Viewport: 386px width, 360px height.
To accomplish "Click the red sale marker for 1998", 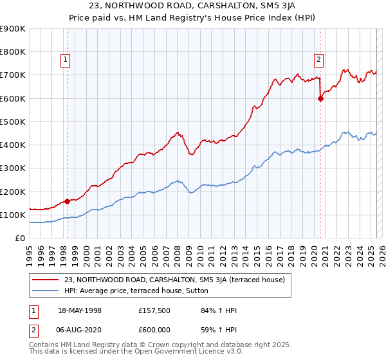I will pyautogui.click(x=67, y=201).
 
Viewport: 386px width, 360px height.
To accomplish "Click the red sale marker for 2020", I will pyautogui.click(x=320, y=98).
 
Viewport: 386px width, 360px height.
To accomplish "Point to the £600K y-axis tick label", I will pyautogui.click(x=13, y=98).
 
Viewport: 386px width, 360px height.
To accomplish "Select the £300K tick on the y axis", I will pyautogui.click(x=13, y=168).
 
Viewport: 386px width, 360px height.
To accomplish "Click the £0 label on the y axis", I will pyautogui.click(x=19, y=239).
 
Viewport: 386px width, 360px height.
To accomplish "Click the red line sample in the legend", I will pyautogui.click(x=46, y=279).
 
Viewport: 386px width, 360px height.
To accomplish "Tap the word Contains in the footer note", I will pyautogui.click(x=46, y=345).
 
